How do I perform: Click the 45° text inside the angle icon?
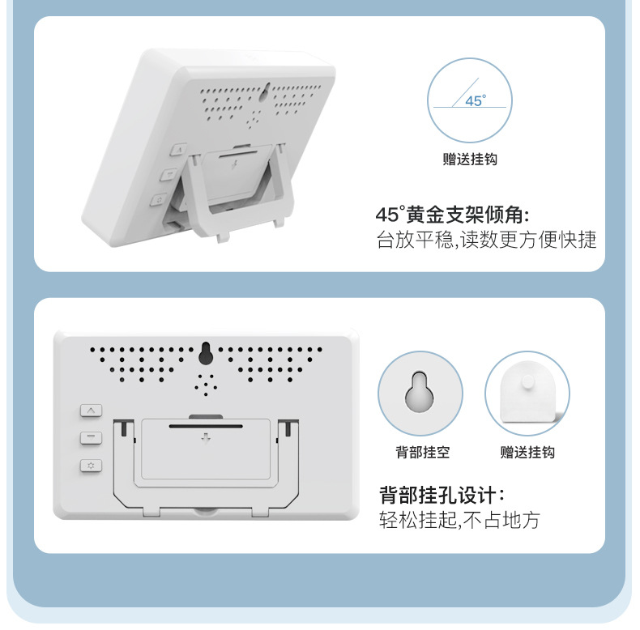(476, 101)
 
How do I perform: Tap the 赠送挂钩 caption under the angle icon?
(470, 160)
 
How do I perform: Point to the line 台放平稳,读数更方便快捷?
(487, 241)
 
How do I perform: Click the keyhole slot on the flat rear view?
(206, 353)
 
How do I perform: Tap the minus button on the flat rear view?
(91, 438)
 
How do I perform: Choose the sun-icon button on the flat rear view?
(91, 466)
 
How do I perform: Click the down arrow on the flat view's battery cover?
(206, 439)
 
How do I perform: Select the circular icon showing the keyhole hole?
(420, 394)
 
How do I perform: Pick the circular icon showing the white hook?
(527, 394)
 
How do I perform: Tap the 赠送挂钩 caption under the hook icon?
(527, 453)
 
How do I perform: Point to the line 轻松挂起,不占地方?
(459, 520)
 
